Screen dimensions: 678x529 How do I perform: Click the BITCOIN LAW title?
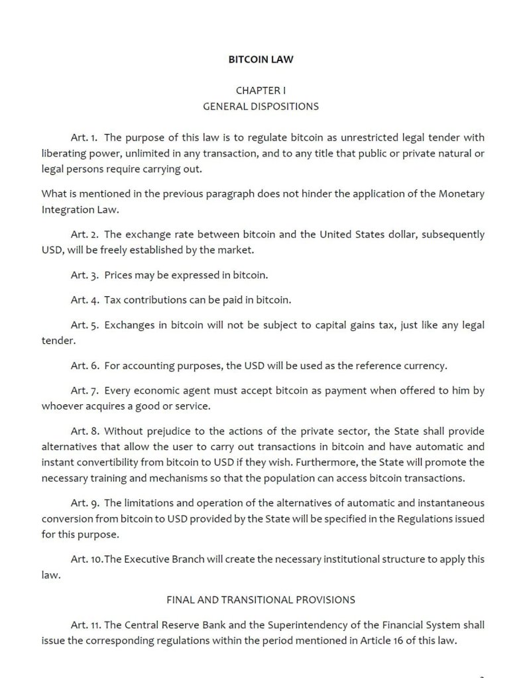tap(261, 59)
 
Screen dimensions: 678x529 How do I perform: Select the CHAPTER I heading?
tap(261, 89)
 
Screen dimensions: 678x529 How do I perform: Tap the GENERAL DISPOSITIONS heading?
tap(261, 106)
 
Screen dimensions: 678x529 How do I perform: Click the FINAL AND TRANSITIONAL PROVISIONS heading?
tap(261, 600)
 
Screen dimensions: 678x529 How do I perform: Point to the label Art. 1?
tap(84, 138)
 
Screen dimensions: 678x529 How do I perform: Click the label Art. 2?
tap(84, 235)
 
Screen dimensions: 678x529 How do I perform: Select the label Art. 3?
tap(84, 274)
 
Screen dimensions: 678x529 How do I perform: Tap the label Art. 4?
tap(84, 300)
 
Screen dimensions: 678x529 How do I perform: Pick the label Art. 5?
tap(84, 325)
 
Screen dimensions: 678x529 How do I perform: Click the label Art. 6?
tap(84, 365)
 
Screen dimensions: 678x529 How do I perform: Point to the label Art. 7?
tap(84, 391)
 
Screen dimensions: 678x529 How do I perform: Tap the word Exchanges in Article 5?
tap(129, 325)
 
